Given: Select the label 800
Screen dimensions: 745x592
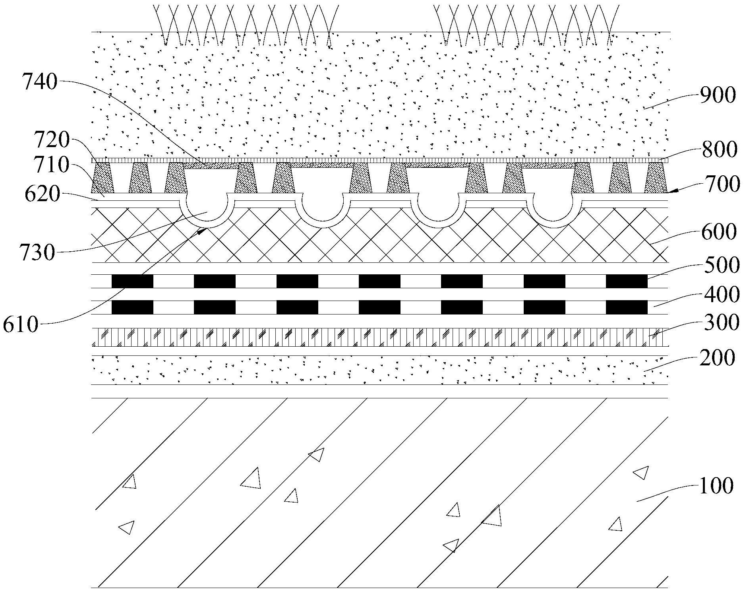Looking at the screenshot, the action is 719,150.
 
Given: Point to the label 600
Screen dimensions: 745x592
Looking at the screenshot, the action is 719,232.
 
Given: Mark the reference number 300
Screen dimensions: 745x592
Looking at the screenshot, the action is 720,322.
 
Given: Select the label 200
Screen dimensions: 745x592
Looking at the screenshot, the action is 718,358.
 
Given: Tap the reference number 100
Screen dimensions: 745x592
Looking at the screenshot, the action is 716,486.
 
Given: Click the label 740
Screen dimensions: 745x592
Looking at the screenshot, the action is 40,83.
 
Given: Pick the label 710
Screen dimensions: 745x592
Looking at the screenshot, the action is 52,165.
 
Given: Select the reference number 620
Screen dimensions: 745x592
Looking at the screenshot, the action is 42,194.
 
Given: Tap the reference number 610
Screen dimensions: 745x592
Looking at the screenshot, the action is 21,325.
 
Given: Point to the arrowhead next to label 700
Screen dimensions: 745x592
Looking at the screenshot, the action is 671,192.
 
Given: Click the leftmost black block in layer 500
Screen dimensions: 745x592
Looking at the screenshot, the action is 132,281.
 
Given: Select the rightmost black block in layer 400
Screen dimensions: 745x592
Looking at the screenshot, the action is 626,307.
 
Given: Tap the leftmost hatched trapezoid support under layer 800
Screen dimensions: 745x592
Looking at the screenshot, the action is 103,178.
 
